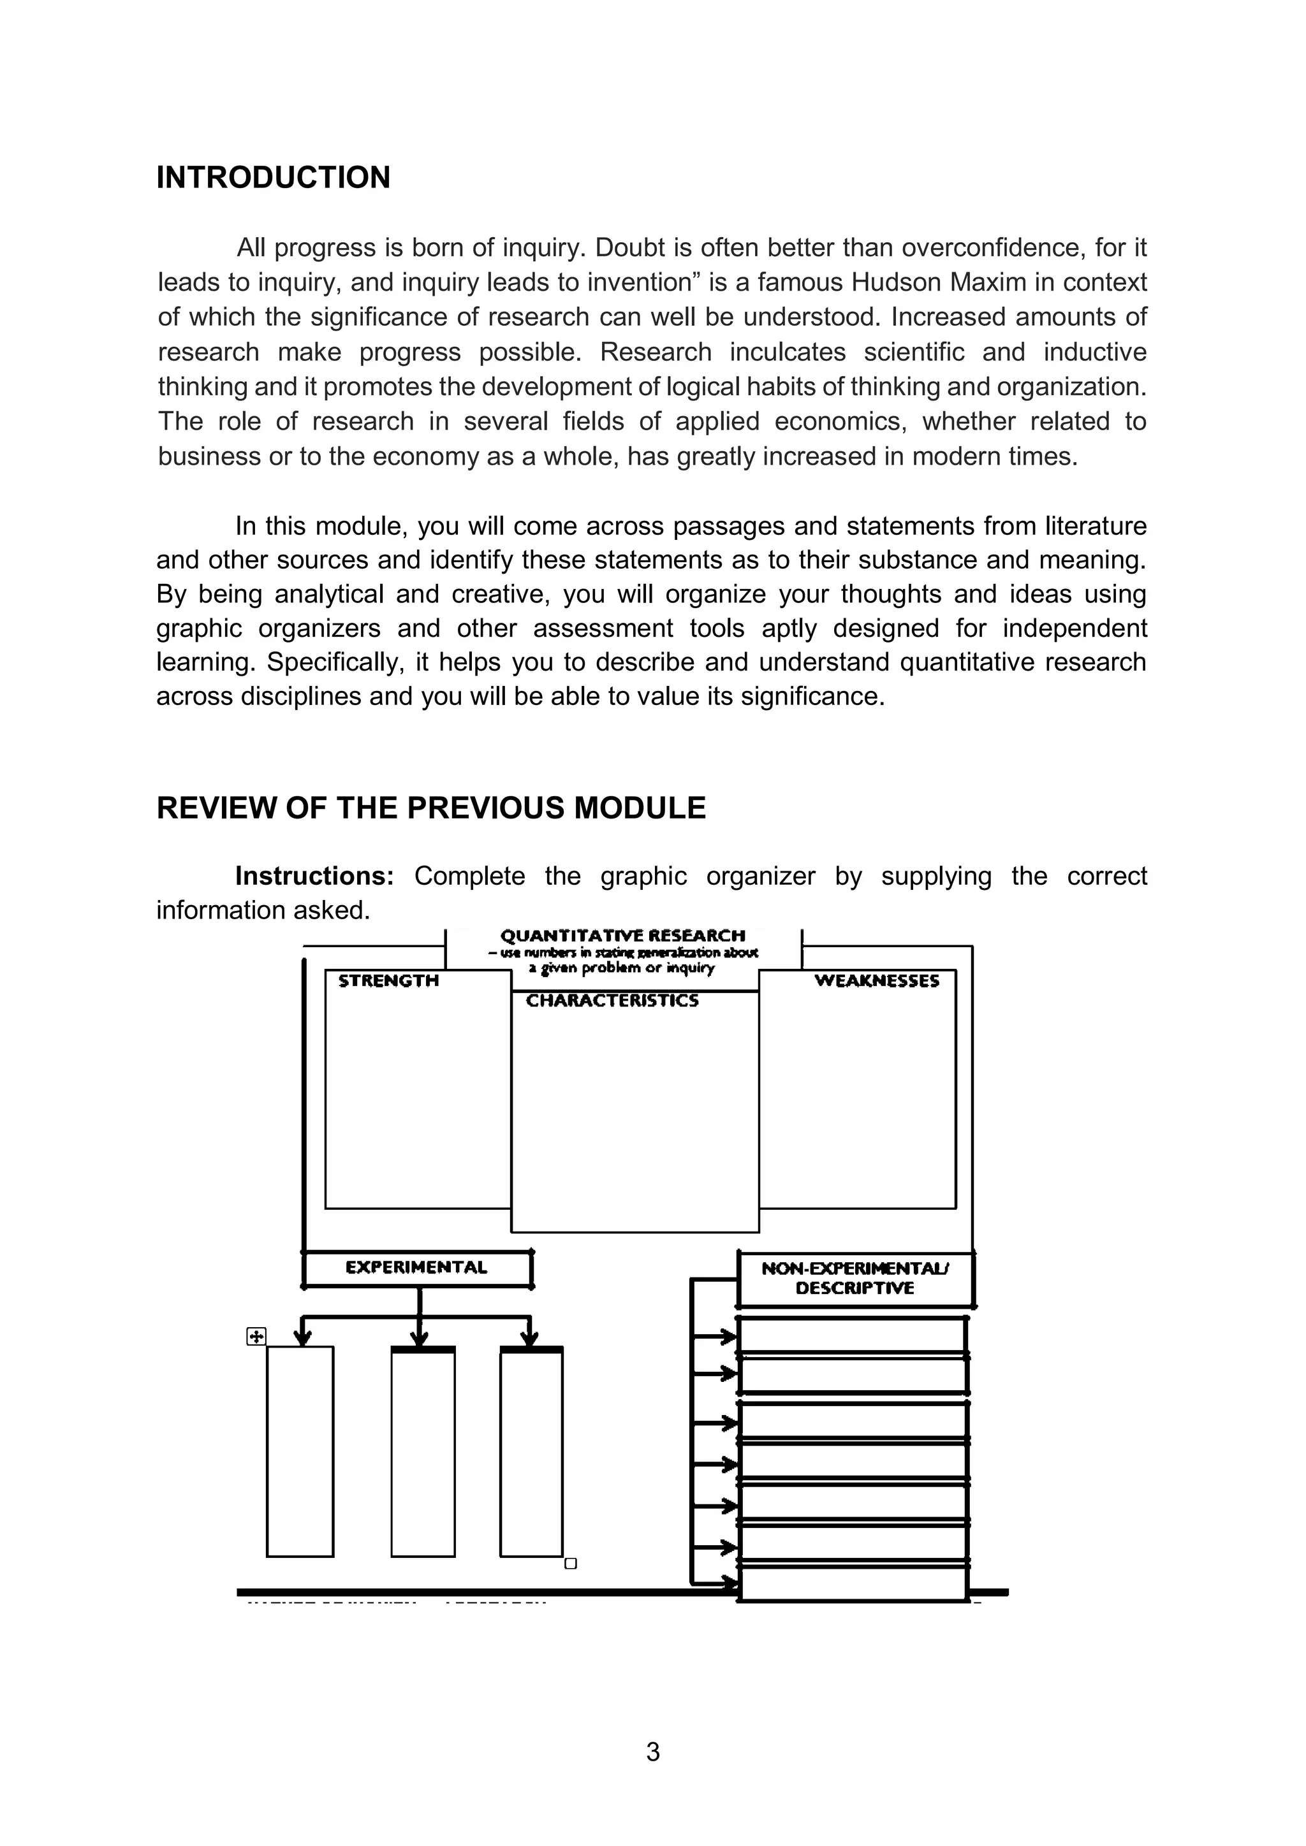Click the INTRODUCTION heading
tap(273, 178)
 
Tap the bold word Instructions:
tap(314, 876)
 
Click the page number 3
tap(653, 1751)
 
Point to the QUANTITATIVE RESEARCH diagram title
tap(622, 936)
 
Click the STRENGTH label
tap(388, 981)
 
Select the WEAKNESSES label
tap(877, 981)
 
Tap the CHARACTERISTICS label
tap(612, 1001)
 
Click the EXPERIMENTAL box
tap(416, 1268)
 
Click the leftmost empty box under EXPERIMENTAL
tap(300, 1451)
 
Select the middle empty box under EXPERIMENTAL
tap(423, 1451)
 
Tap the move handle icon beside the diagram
tap(256, 1336)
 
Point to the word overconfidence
tap(994, 247)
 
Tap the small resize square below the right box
tap(571, 1564)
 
